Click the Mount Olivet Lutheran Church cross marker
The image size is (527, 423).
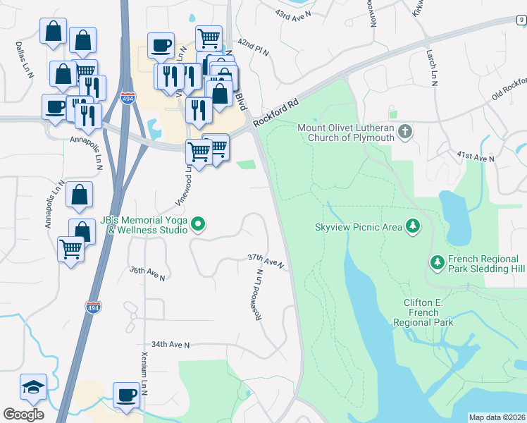coord(405,131)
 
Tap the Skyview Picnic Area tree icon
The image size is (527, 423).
coord(413,226)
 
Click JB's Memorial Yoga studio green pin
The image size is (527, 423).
coord(198,226)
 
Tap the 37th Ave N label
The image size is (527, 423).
coord(265,261)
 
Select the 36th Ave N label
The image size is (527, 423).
coord(147,274)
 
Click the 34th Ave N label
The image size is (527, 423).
coord(170,344)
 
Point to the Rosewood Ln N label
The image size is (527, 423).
coord(259,295)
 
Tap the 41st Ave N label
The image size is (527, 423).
coord(476,157)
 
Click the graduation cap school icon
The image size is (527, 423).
coord(33,387)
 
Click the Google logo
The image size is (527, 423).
coord(23,415)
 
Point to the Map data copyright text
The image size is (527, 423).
coord(496,417)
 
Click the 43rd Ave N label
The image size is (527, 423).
coord(292,15)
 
